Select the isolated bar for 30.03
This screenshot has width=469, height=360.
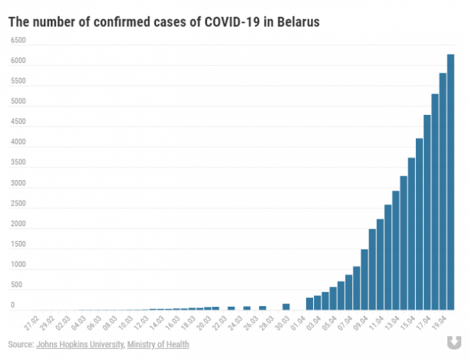click(286, 307)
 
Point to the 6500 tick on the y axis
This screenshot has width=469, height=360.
click(18, 40)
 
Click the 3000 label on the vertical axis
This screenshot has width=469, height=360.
click(18, 184)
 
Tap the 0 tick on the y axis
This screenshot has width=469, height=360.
click(13, 306)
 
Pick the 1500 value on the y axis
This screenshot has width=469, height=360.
click(18, 244)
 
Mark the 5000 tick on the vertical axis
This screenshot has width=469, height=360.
click(18, 101)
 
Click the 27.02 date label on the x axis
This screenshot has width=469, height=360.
click(31, 324)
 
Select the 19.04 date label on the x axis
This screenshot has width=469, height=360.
click(440, 324)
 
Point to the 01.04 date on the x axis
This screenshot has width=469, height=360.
click(298, 324)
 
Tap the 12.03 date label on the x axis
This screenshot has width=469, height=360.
click(141, 324)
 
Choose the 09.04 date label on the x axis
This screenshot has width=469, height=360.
click(361, 324)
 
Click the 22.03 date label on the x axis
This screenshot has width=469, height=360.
click(220, 324)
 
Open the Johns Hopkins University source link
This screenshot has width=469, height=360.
click(80, 344)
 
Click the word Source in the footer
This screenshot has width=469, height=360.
click(20, 344)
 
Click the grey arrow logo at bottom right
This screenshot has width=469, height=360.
click(451, 343)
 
